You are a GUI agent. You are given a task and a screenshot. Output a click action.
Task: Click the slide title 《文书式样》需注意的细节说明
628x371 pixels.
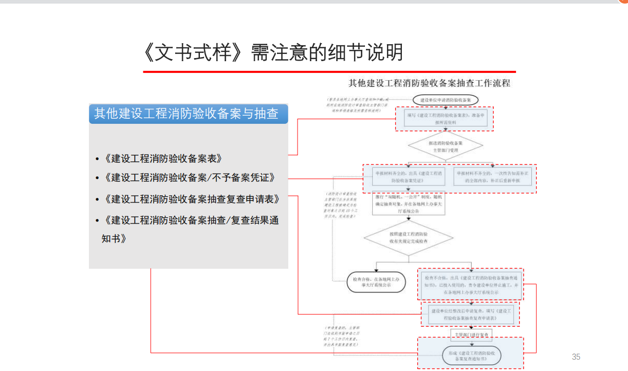pyautogui.click(x=273, y=53)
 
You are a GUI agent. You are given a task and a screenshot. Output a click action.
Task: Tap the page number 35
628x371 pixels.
pyautogui.click(x=576, y=357)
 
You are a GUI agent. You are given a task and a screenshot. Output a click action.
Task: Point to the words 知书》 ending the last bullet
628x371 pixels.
pyautogui.click(x=114, y=239)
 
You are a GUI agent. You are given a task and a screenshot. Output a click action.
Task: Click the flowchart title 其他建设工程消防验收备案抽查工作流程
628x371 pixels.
pyautogui.click(x=429, y=83)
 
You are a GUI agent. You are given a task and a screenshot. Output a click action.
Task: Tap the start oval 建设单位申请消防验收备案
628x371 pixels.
pyautogui.click(x=445, y=99)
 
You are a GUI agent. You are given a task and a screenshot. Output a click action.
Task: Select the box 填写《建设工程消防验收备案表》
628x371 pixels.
pyautogui.click(x=445, y=119)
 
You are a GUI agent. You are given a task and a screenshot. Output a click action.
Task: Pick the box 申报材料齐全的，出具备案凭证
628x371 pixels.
pyautogui.click(x=409, y=177)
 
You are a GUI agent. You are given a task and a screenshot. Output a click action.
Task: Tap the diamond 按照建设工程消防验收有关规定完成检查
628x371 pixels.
pyautogui.click(x=409, y=237)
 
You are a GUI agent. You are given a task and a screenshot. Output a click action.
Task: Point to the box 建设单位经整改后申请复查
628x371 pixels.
pyautogui.click(x=471, y=314)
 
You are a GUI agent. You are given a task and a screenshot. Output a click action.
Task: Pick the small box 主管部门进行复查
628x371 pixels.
pyautogui.click(x=471, y=335)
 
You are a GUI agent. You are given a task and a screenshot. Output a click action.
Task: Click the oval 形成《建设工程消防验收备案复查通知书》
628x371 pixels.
pyautogui.click(x=471, y=355)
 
